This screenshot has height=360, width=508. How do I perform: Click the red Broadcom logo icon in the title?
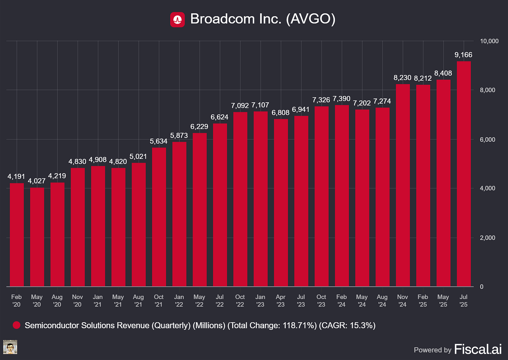tap(177, 19)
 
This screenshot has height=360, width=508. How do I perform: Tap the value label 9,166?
tap(463, 55)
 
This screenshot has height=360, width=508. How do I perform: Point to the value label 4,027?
tap(37, 181)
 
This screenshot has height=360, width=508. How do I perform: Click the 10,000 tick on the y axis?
tap(489, 41)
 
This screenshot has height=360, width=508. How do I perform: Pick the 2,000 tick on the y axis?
tap(487, 238)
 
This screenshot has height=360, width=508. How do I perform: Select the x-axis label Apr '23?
tap(281, 301)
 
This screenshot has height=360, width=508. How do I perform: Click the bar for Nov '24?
tap(403, 185)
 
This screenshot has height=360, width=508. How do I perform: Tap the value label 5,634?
tap(158, 141)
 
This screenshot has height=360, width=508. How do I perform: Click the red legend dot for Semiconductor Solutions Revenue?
tap(16, 325)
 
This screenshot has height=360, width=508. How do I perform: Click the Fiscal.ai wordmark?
tap(478, 349)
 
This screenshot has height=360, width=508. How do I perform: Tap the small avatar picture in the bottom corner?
tap(10, 347)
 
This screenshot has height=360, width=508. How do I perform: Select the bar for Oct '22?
tap(240, 199)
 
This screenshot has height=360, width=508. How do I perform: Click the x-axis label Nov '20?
tap(77, 301)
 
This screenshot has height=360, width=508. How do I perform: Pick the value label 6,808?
tap(281, 112)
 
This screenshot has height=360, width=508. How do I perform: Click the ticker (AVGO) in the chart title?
tap(311, 19)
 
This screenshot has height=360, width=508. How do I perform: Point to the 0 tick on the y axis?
tap(481, 287)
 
